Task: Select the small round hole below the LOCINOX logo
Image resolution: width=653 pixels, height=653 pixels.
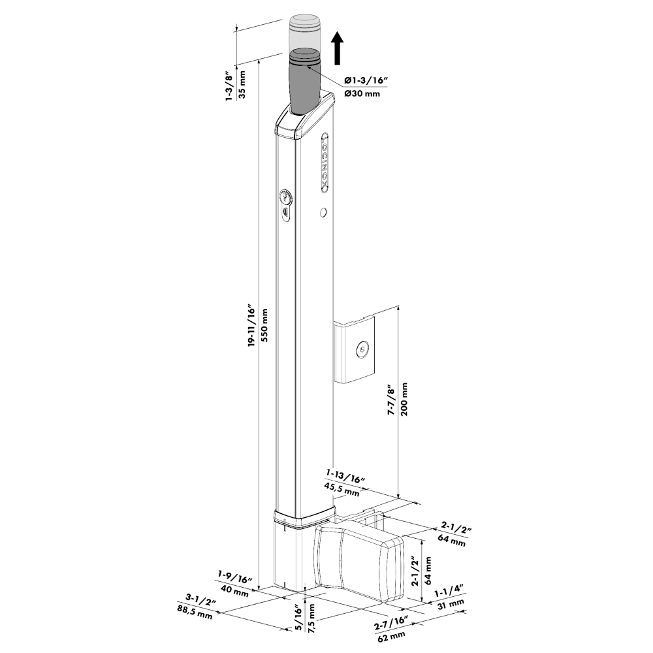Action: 323,213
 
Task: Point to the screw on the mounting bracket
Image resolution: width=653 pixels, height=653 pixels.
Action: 361,350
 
